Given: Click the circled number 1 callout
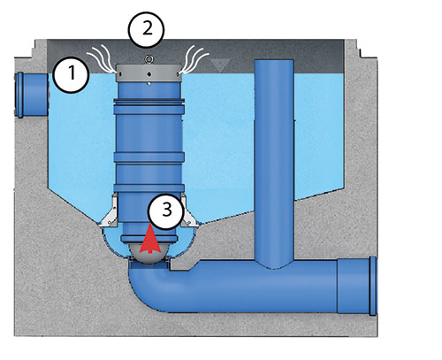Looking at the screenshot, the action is (x=71, y=75).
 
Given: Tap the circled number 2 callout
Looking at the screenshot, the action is (x=146, y=29).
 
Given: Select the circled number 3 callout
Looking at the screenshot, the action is (x=166, y=211).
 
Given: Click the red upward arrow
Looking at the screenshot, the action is (x=150, y=240).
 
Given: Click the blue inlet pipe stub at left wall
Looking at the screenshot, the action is (x=32, y=95).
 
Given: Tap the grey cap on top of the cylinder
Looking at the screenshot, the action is (x=149, y=73).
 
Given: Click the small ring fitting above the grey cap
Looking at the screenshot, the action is (x=149, y=59).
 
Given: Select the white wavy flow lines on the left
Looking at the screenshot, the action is (x=101, y=59).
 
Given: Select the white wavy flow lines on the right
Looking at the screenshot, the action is (x=194, y=59).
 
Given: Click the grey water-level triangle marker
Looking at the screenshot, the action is (x=220, y=65).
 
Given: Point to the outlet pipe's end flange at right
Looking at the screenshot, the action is (x=373, y=286).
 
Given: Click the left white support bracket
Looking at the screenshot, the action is (x=109, y=211).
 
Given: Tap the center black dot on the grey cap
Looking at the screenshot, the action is (x=149, y=74).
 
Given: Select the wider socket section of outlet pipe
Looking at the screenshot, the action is (x=354, y=286).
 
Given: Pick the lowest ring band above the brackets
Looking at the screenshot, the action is (x=149, y=188).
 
